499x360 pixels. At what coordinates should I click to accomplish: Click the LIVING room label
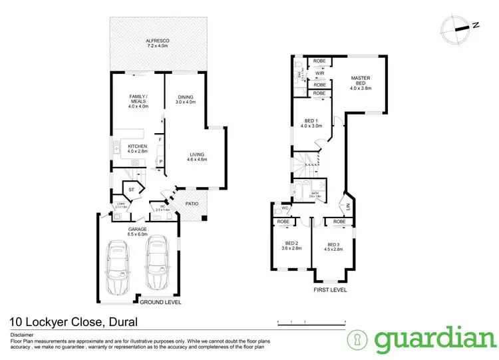pos(198,156)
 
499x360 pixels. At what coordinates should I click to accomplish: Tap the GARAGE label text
pos(138,229)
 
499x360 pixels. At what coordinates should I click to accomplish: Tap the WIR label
pos(319,73)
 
